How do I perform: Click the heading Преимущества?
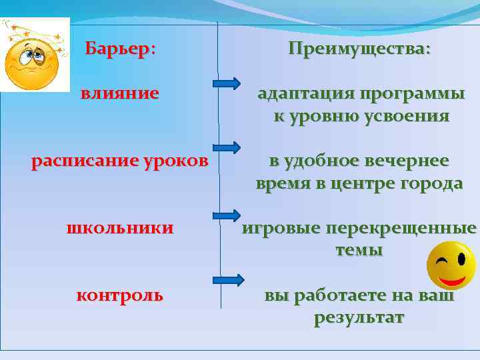[359, 49]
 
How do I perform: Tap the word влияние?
[120, 93]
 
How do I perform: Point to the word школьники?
[120, 228]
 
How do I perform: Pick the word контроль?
[120, 295]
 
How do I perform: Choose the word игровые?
[280, 229]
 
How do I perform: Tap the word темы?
[359, 251]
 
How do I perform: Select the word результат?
[359, 318]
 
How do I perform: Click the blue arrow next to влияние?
[227, 83]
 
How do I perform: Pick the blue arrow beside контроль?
[227, 281]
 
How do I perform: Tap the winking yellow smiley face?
[450, 265]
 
